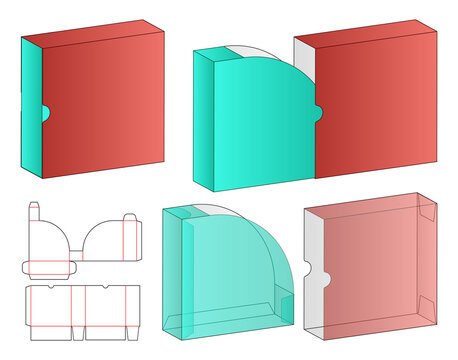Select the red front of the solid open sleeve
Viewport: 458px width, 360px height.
tap(380, 110)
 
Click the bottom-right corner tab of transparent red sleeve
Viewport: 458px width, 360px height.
tap(427, 310)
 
